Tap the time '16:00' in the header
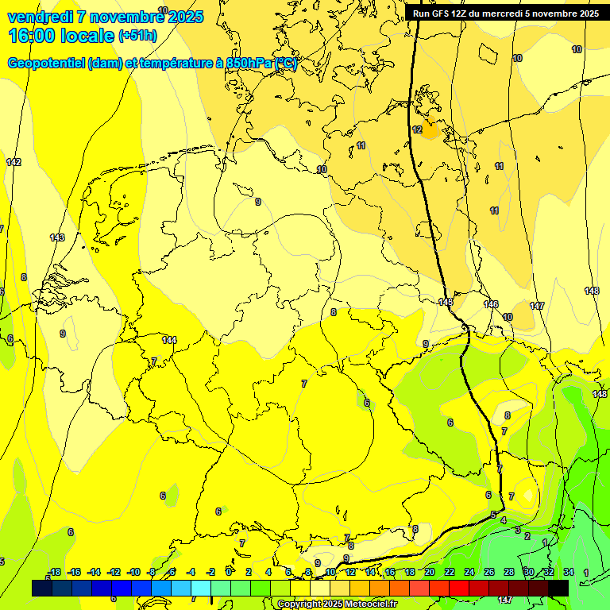32,35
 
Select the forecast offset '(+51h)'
137,36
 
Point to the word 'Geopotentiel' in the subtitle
46,64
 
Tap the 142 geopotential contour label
14,162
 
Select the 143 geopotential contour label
56,237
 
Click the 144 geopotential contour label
168,340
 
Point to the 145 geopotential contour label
445,303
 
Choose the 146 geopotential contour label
491,304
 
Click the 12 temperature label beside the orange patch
417,129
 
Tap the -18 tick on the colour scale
53,572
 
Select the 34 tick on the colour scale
568,572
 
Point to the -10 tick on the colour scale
133,572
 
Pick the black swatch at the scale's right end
558,588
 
